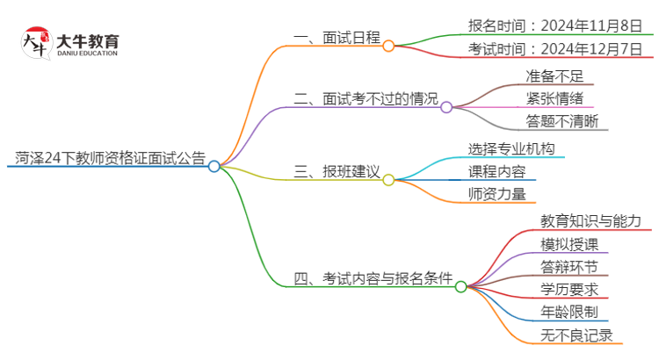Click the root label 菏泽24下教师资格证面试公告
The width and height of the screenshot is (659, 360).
pos(110,159)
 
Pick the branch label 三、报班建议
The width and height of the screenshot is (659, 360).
pos(337,173)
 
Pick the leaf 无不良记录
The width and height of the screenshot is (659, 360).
pos(576,335)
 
